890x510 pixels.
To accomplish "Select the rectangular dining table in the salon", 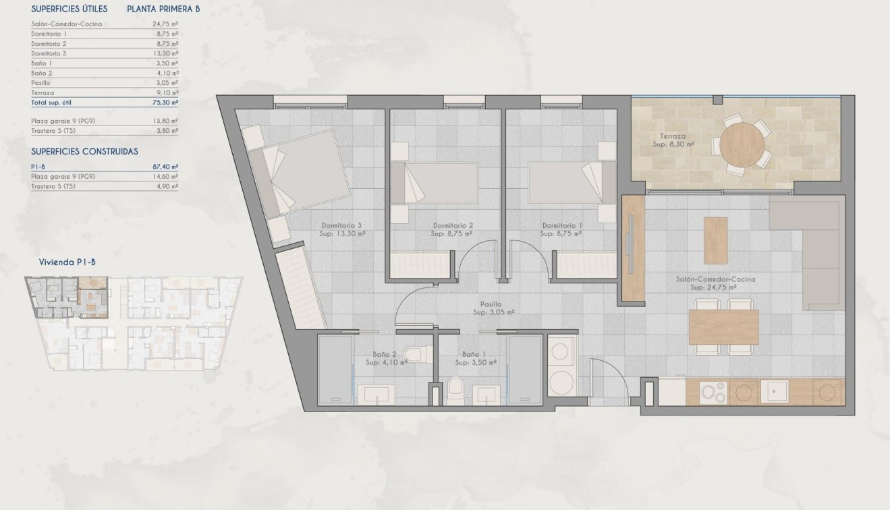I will click(x=723, y=327).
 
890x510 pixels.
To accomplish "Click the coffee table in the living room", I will click(x=715, y=240).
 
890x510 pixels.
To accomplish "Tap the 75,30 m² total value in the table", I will click(x=165, y=103).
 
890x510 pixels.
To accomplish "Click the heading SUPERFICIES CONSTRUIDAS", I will click(x=84, y=152).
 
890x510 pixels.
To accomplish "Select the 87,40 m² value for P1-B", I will click(x=165, y=166).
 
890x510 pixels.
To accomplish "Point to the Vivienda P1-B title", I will click(x=67, y=263).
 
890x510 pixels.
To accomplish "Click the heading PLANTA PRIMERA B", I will click(x=163, y=9).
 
